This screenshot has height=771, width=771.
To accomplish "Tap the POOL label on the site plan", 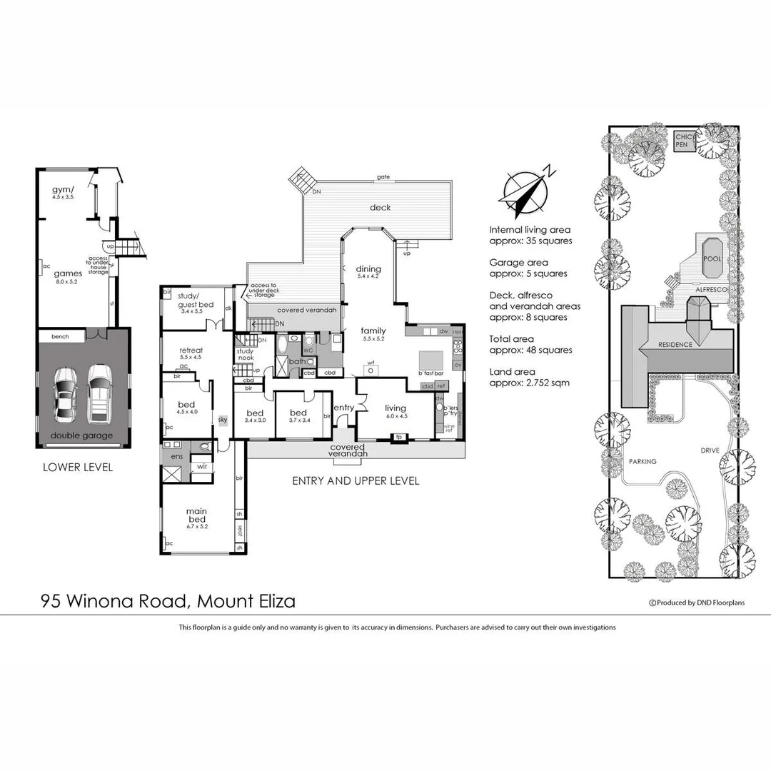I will (x=712, y=258).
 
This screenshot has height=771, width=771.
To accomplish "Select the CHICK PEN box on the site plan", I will (x=686, y=140).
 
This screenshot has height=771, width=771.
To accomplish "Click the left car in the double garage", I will (x=66, y=403).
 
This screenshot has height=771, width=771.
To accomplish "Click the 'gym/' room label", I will (x=64, y=190).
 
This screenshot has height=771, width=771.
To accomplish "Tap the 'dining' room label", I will (x=368, y=269).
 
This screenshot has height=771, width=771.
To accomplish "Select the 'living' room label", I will (x=396, y=408).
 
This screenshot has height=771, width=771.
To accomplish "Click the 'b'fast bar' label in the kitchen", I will (x=430, y=373).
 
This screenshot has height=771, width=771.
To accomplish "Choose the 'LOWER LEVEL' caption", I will (x=77, y=468).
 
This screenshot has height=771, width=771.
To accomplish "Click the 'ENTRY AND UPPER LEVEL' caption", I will (x=356, y=481).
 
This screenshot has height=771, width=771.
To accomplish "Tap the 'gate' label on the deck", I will (x=383, y=177).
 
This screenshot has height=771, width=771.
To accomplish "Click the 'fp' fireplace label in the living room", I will (x=399, y=436).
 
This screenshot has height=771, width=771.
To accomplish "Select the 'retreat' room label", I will (x=191, y=350).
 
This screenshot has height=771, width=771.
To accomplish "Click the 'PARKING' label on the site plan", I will (x=642, y=461).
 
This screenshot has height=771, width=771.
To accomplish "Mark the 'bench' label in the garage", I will (x=60, y=336).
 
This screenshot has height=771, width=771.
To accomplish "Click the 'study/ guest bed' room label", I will (x=190, y=300).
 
